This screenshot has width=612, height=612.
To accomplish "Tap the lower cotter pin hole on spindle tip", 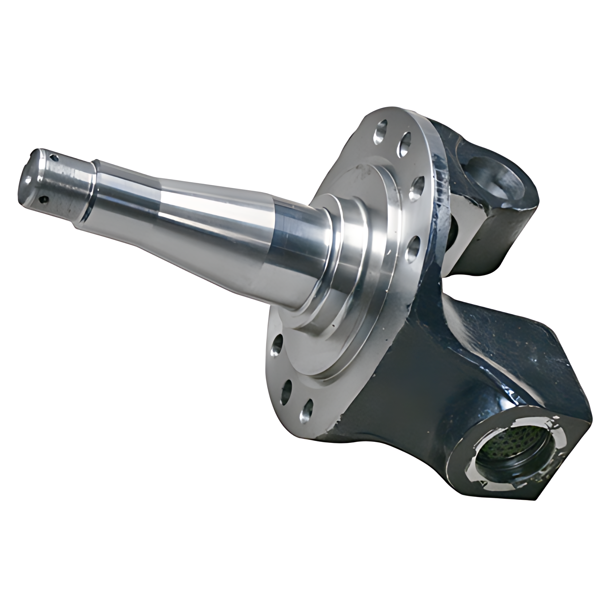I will click(44, 199).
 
